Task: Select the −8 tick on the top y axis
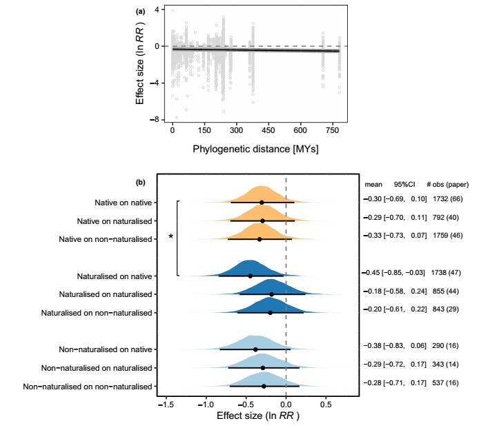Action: (157, 119)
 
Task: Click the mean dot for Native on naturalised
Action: (262, 221)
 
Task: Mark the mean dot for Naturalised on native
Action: (251, 276)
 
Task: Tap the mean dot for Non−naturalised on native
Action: (255, 349)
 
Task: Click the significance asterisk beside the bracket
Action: (170, 238)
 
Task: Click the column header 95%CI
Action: (404, 185)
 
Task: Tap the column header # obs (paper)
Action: (447, 185)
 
